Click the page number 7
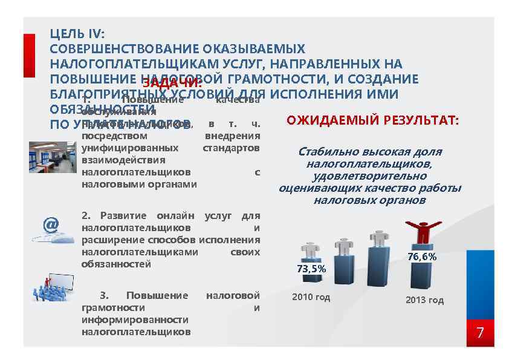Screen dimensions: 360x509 pyautogui.click(x=481, y=333)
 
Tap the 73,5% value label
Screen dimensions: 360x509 pyautogui.click(x=311, y=269)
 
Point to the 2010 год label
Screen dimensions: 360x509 pyautogui.click(x=311, y=297)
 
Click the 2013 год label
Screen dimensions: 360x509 pyautogui.click(x=424, y=300)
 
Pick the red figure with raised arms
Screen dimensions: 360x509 pyautogui.click(x=423, y=233)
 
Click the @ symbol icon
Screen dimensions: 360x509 pyautogui.click(x=51, y=225)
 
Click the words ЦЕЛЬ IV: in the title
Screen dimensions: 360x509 pyautogui.click(x=77, y=35)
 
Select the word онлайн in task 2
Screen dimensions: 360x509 pyautogui.click(x=180, y=215)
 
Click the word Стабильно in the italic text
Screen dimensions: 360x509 pyautogui.click(x=326, y=152)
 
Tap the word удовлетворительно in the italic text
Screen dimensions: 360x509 pyautogui.click(x=369, y=176)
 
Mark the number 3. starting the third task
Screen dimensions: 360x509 pyautogui.click(x=105, y=295)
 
